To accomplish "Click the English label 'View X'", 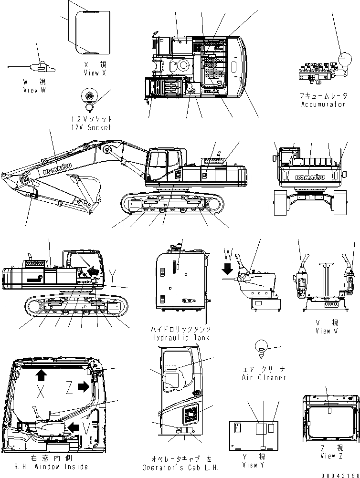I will click(x=95, y=73).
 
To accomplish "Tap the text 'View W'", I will click(x=34, y=90).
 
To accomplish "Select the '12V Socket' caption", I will click(x=91, y=127).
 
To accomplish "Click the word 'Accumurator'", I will click(x=323, y=104).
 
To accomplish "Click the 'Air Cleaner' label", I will click(x=264, y=377).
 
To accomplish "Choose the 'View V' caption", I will click(x=327, y=331).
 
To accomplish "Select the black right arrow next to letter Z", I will click(x=83, y=386).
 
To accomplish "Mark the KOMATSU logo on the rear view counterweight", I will click(x=309, y=177).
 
